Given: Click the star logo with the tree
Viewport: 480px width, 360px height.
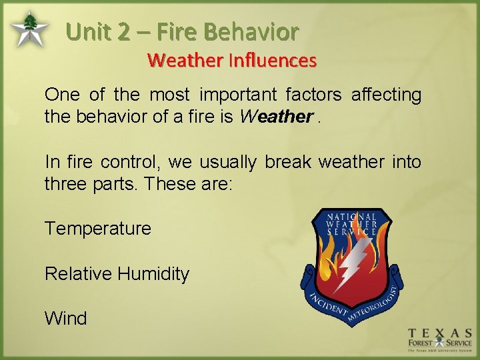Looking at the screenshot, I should pos(28,30).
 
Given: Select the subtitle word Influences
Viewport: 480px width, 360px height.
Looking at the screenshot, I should pos(273,61).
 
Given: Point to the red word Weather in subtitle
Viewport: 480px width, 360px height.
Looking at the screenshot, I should pos(185,61).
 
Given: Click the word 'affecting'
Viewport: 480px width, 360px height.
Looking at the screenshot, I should pos(385,95).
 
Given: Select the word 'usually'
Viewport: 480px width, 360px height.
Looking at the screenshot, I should pos(228,162).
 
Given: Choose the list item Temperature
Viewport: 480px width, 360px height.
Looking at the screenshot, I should pos(98,229).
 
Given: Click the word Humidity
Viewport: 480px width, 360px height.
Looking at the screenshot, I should pos(154,274).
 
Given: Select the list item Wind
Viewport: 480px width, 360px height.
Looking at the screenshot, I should pos(65,319).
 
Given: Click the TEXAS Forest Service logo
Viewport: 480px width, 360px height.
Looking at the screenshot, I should pos(439,340).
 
